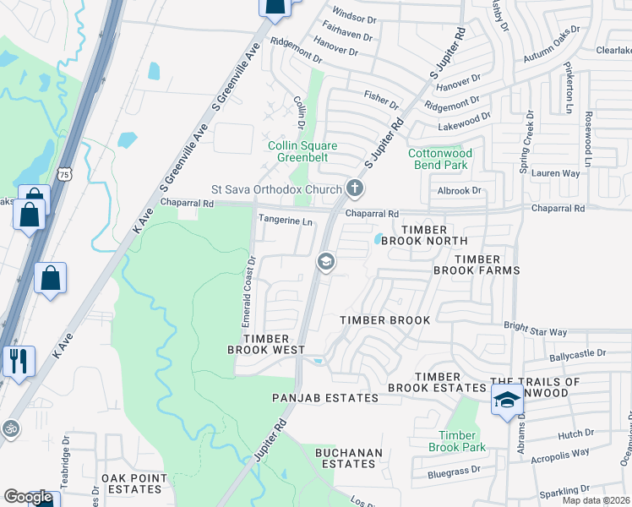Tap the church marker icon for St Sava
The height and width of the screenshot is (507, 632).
pyautogui.click(x=355, y=189)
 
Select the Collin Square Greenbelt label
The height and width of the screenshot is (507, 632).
pyautogui.click(x=303, y=150)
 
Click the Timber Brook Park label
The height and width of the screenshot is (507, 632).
pyautogui.click(x=456, y=441)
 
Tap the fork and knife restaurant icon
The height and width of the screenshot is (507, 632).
pyautogui.click(x=16, y=361)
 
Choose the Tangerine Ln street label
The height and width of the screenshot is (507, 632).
pyautogui.click(x=286, y=221)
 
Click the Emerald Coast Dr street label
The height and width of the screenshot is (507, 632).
pyautogui.click(x=248, y=291)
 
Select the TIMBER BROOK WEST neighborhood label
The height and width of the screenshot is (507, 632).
pyautogui.click(x=265, y=342)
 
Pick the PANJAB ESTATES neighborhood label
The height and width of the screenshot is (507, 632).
pyautogui.click(x=324, y=398)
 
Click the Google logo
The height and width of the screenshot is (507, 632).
pyautogui.click(x=28, y=497)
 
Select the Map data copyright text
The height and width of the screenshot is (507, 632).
pyautogui.click(x=597, y=500)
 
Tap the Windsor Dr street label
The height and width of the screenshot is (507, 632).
pyautogui.click(x=354, y=17)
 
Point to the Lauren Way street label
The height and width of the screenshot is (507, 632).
pyautogui.click(x=556, y=172)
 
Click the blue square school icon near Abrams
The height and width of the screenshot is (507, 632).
pyautogui.click(x=506, y=400)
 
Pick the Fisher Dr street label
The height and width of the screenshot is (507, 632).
pyautogui.click(x=380, y=101)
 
